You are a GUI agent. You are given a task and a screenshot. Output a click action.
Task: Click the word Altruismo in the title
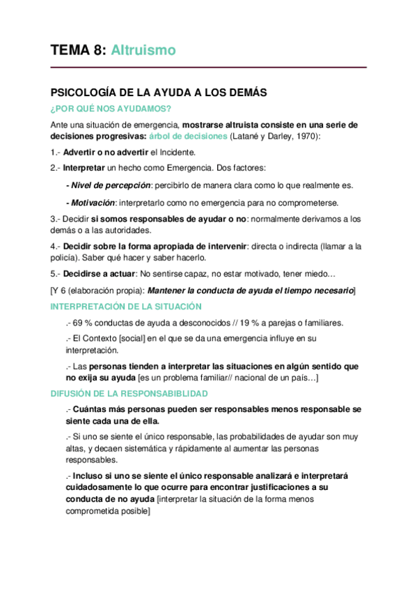pyautogui.click(x=143, y=50)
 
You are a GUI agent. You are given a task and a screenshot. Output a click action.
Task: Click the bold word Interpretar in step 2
pyautogui.click(x=84, y=168)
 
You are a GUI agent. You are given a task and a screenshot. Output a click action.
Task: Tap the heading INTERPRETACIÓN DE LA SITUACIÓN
pyautogui.click(x=125, y=307)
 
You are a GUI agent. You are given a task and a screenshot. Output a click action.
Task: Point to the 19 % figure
pyautogui.click(x=261, y=323)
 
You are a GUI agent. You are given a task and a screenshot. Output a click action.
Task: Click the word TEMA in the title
pyautogui.click(x=70, y=50)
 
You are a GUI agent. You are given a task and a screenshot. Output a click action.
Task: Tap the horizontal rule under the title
pyautogui.click(x=208, y=68)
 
